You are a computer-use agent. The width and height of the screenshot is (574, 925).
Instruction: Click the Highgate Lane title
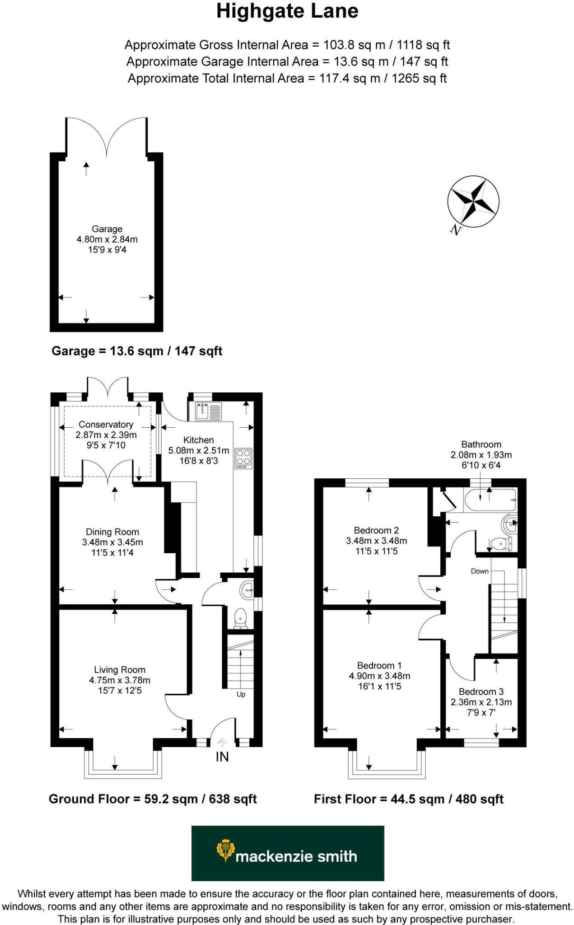pyautogui.click(x=287, y=12)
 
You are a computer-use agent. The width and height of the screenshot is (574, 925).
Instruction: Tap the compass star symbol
pyautogui.click(x=473, y=201)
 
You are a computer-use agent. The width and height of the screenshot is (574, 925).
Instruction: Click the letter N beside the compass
pyautogui.click(x=456, y=230)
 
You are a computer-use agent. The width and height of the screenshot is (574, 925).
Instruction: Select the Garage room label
pyautogui.click(x=107, y=229)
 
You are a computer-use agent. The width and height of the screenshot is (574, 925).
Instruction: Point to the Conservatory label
pyautogui.click(x=106, y=425)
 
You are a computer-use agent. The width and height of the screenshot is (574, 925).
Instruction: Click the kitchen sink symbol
pyautogui.click(x=209, y=411)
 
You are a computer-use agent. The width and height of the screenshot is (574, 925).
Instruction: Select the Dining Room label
pyautogui.click(x=112, y=532)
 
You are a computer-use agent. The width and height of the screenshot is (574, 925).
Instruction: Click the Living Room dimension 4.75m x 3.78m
pyautogui.click(x=120, y=680)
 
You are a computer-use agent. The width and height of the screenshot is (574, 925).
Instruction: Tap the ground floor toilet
pyautogui.click(x=240, y=618)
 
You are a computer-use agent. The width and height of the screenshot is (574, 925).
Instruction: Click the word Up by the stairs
pyautogui.click(x=241, y=694)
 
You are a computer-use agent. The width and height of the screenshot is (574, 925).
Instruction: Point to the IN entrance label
pyautogui.click(x=222, y=757)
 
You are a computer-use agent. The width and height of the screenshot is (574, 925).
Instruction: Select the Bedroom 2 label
pyautogui.click(x=376, y=530)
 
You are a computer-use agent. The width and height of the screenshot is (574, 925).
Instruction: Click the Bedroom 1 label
pyautogui.click(x=379, y=665)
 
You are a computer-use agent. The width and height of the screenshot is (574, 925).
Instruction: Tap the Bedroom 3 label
pyautogui.click(x=481, y=691)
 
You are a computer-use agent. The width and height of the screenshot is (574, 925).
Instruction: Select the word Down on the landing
pyautogui.click(x=480, y=571)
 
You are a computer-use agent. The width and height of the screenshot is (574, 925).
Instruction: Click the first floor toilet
pyautogui.click(x=499, y=544)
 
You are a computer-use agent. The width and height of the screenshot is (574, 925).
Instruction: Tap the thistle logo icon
pyautogui.click(x=225, y=850)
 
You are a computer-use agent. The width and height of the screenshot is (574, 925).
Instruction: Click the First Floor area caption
pyautogui.click(x=409, y=799)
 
